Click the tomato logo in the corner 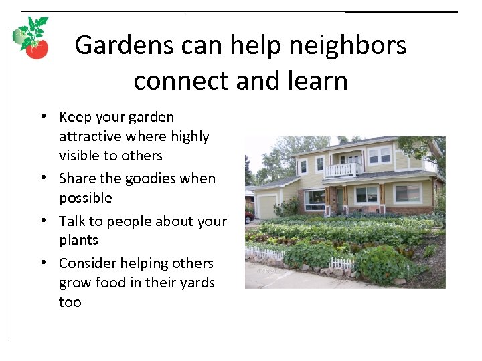[32, 39]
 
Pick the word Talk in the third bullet [72, 221]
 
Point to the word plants [78, 240]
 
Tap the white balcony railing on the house [343, 170]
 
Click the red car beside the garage [249, 216]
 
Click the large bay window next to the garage [315, 198]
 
